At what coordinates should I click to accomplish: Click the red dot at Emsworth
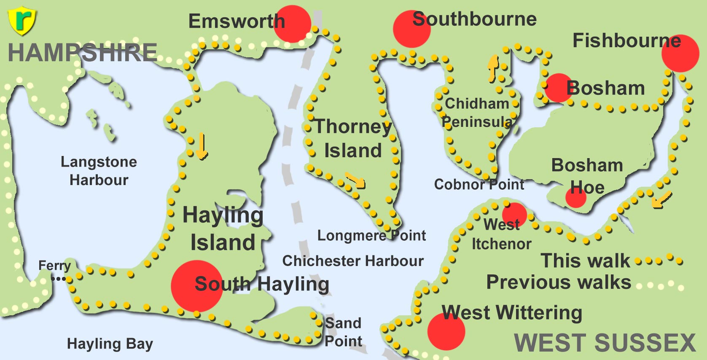[x=292, y=24]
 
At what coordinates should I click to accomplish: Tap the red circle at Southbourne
[x=411, y=29]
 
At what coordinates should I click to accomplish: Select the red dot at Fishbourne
[x=680, y=54]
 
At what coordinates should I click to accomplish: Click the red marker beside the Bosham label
[x=558, y=88]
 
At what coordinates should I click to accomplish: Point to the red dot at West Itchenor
[x=514, y=215]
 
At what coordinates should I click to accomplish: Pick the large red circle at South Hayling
[x=197, y=286]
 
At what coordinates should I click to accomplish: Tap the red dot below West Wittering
[x=446, y=331]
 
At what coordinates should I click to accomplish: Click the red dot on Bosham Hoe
[x=576, y=197]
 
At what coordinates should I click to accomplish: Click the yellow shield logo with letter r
[x=22, y=21]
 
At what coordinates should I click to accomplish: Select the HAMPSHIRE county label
[x=83, y=53]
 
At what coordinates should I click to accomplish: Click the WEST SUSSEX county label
[x=605, y=342]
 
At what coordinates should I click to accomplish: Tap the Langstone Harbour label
[x=99, y=171]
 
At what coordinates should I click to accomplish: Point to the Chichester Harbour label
[x=353, y=261]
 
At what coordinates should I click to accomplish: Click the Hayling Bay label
[x=110, y=344]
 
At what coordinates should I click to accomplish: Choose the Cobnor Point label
[x=479, y=184]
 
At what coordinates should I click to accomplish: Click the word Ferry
[x=54, y=266]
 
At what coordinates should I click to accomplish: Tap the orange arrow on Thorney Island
[x=355, y=180]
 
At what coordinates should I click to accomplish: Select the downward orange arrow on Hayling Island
[x=202, y=146]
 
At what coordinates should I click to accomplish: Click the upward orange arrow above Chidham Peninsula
[x=493, y=68]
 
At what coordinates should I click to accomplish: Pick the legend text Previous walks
[x=559, y=282]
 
